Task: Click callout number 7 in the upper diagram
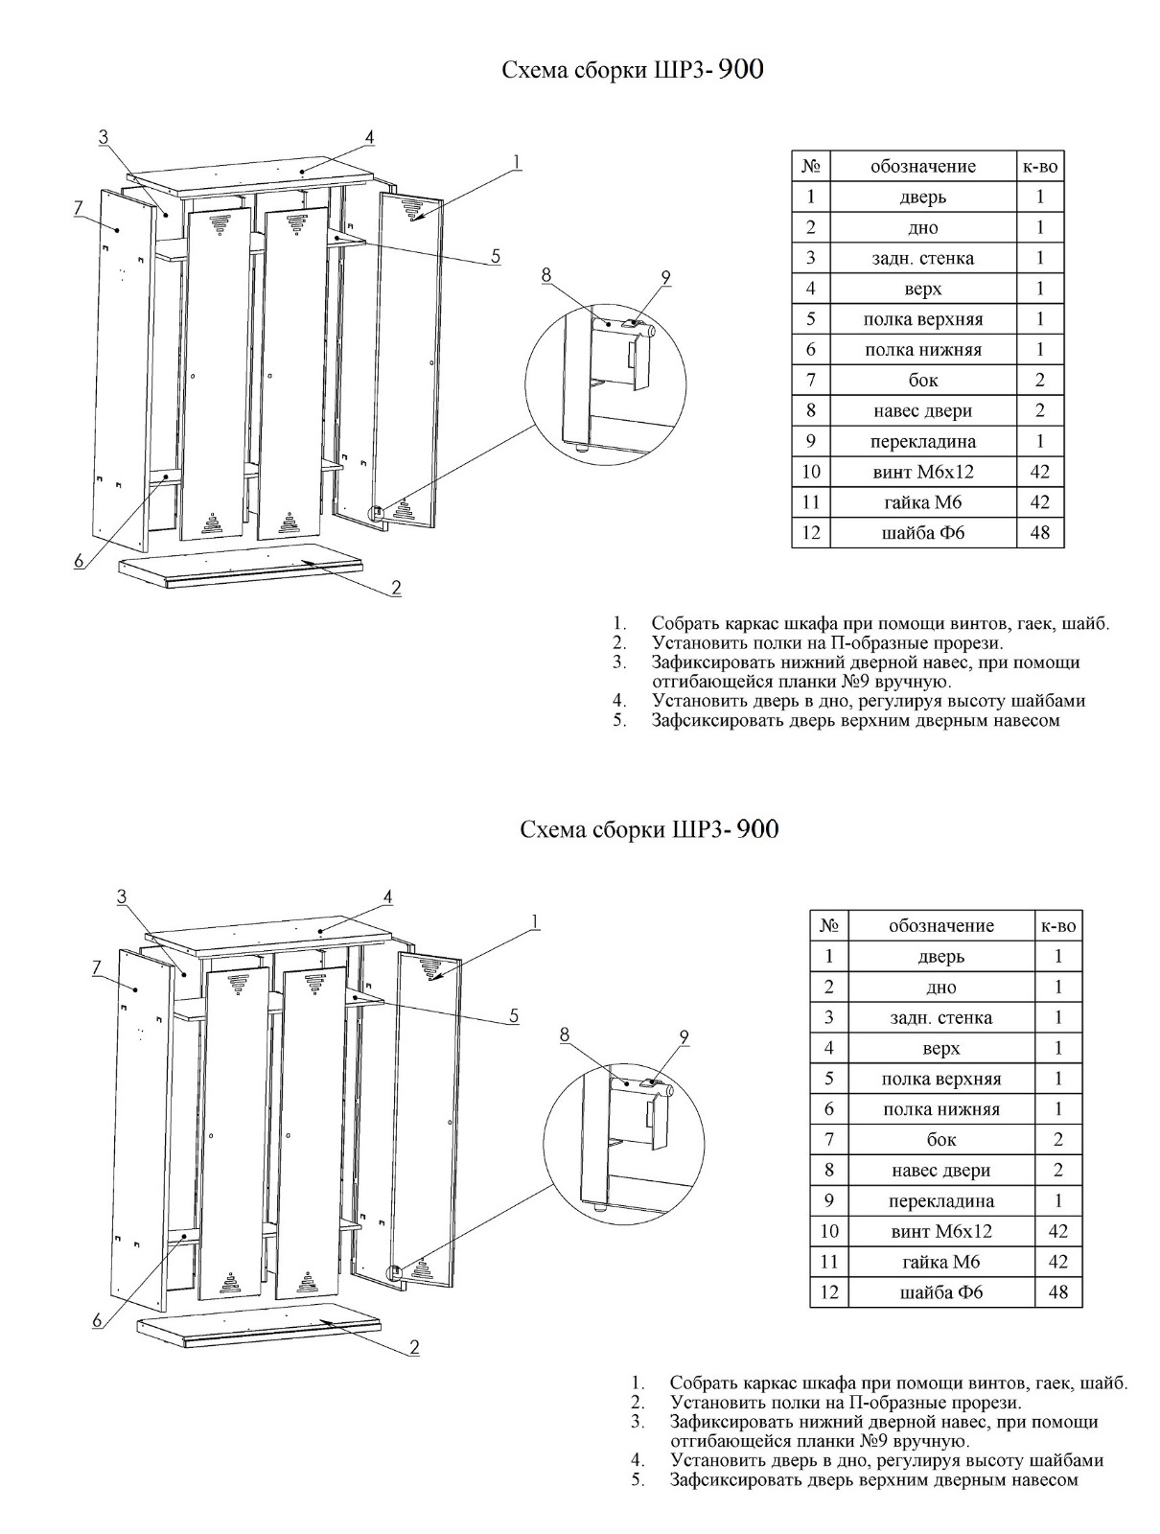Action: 80,207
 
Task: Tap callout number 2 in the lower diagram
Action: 414,1347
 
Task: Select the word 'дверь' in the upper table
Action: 922,197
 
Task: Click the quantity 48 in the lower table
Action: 1058,1291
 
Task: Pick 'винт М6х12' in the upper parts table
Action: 922,472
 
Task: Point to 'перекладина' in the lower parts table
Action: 940,1200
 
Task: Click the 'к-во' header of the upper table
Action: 1040,166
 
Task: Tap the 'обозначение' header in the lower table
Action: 940,925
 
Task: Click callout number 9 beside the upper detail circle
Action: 666,278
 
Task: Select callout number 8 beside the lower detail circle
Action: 565,1034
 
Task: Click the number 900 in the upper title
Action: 740,70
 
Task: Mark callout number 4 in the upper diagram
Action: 369,137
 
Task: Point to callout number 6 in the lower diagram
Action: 97,1320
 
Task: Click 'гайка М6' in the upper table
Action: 922,502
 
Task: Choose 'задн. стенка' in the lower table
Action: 940,1017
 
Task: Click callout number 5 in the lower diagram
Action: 514,1015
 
